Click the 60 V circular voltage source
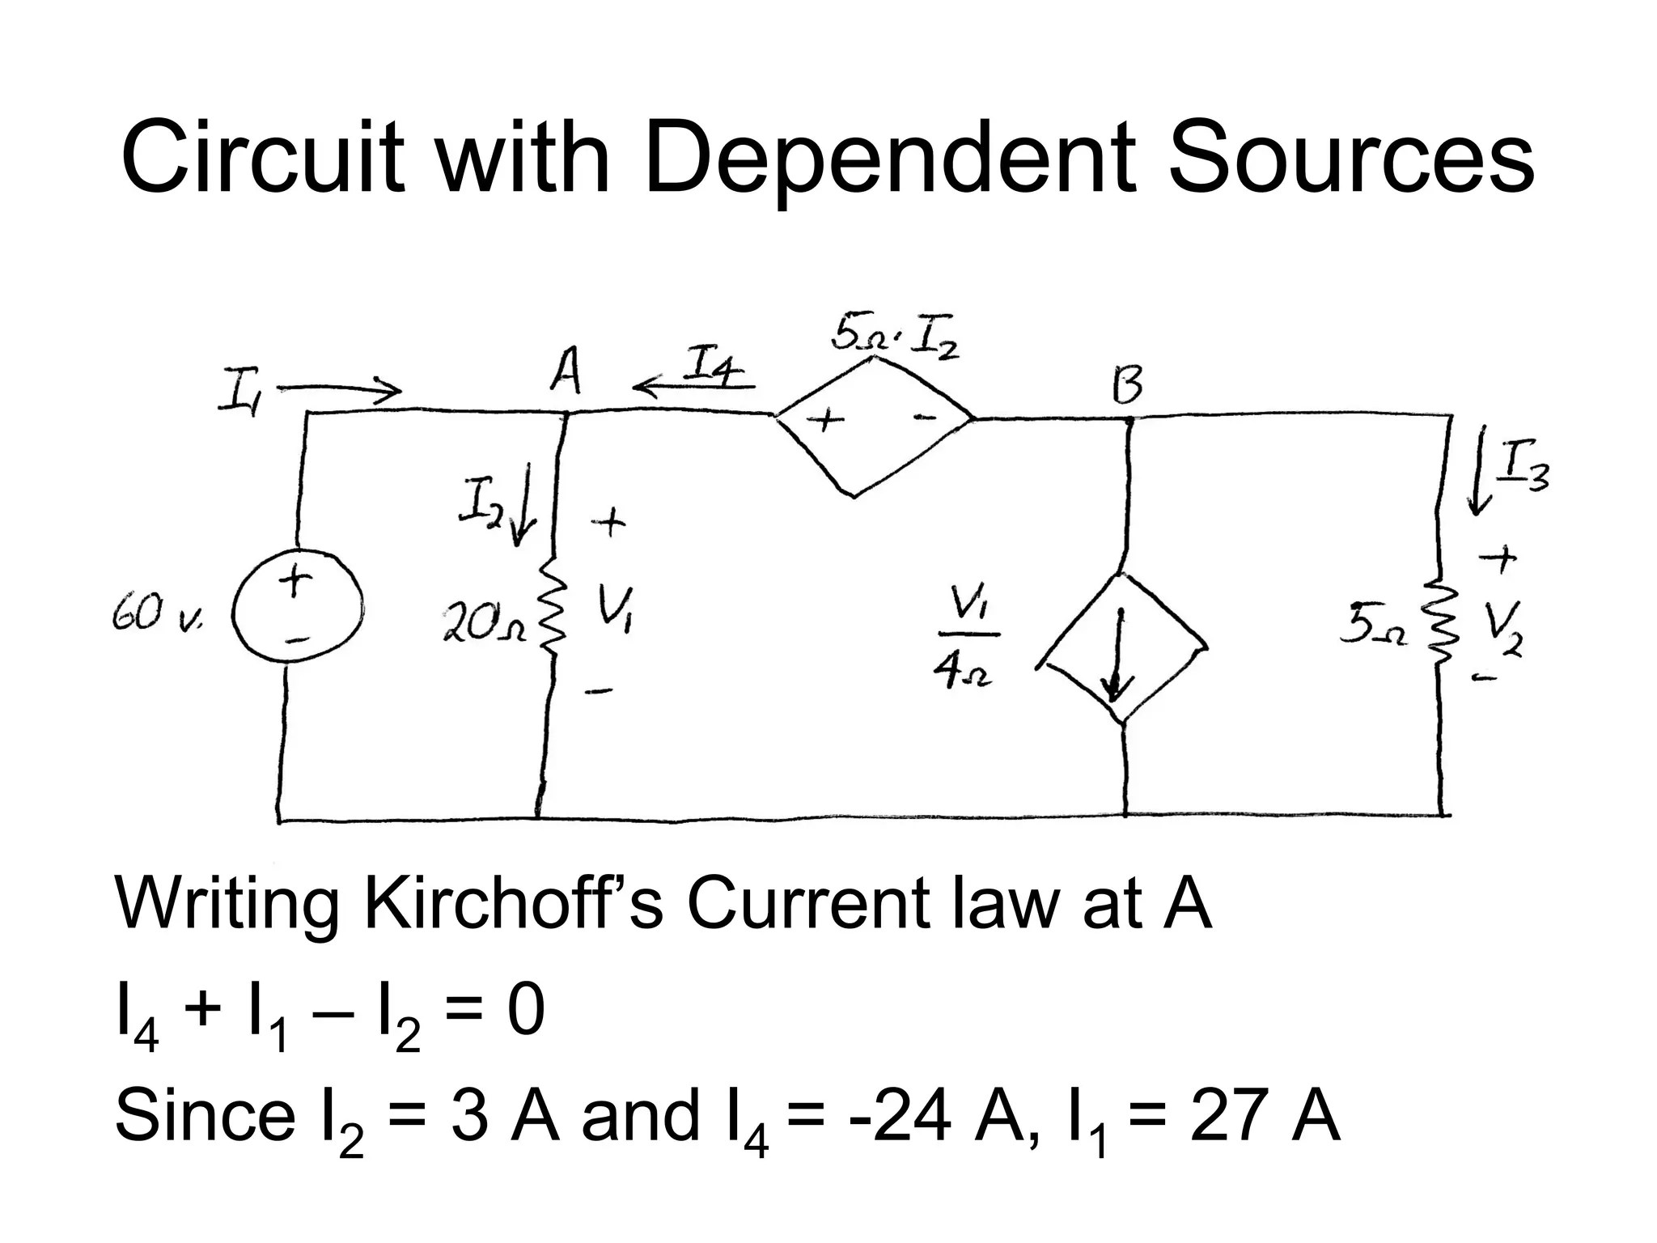click(x=297, y=609)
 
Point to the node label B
click(x=1127, y=387)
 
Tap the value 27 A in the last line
click(x=1264, y=1116)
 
